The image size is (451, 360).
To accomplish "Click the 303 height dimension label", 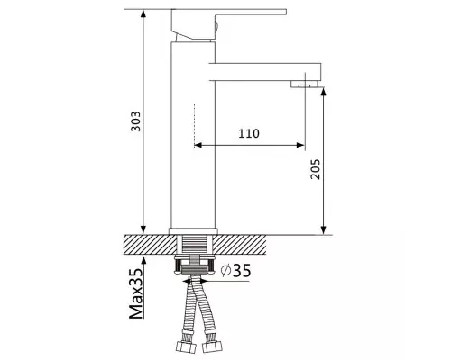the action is [x=136, y=121].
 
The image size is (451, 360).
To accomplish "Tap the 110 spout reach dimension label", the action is [x=249, y=133].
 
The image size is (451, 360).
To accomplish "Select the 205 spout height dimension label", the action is [x=315, y=169].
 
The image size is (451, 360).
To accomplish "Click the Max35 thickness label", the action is [x=136, y=293].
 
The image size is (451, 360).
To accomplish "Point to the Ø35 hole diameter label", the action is [x=235, y=271].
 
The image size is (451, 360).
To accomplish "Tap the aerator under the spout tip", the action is [x=305, y=85].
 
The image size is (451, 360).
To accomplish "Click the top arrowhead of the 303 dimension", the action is [x=143, y=13].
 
